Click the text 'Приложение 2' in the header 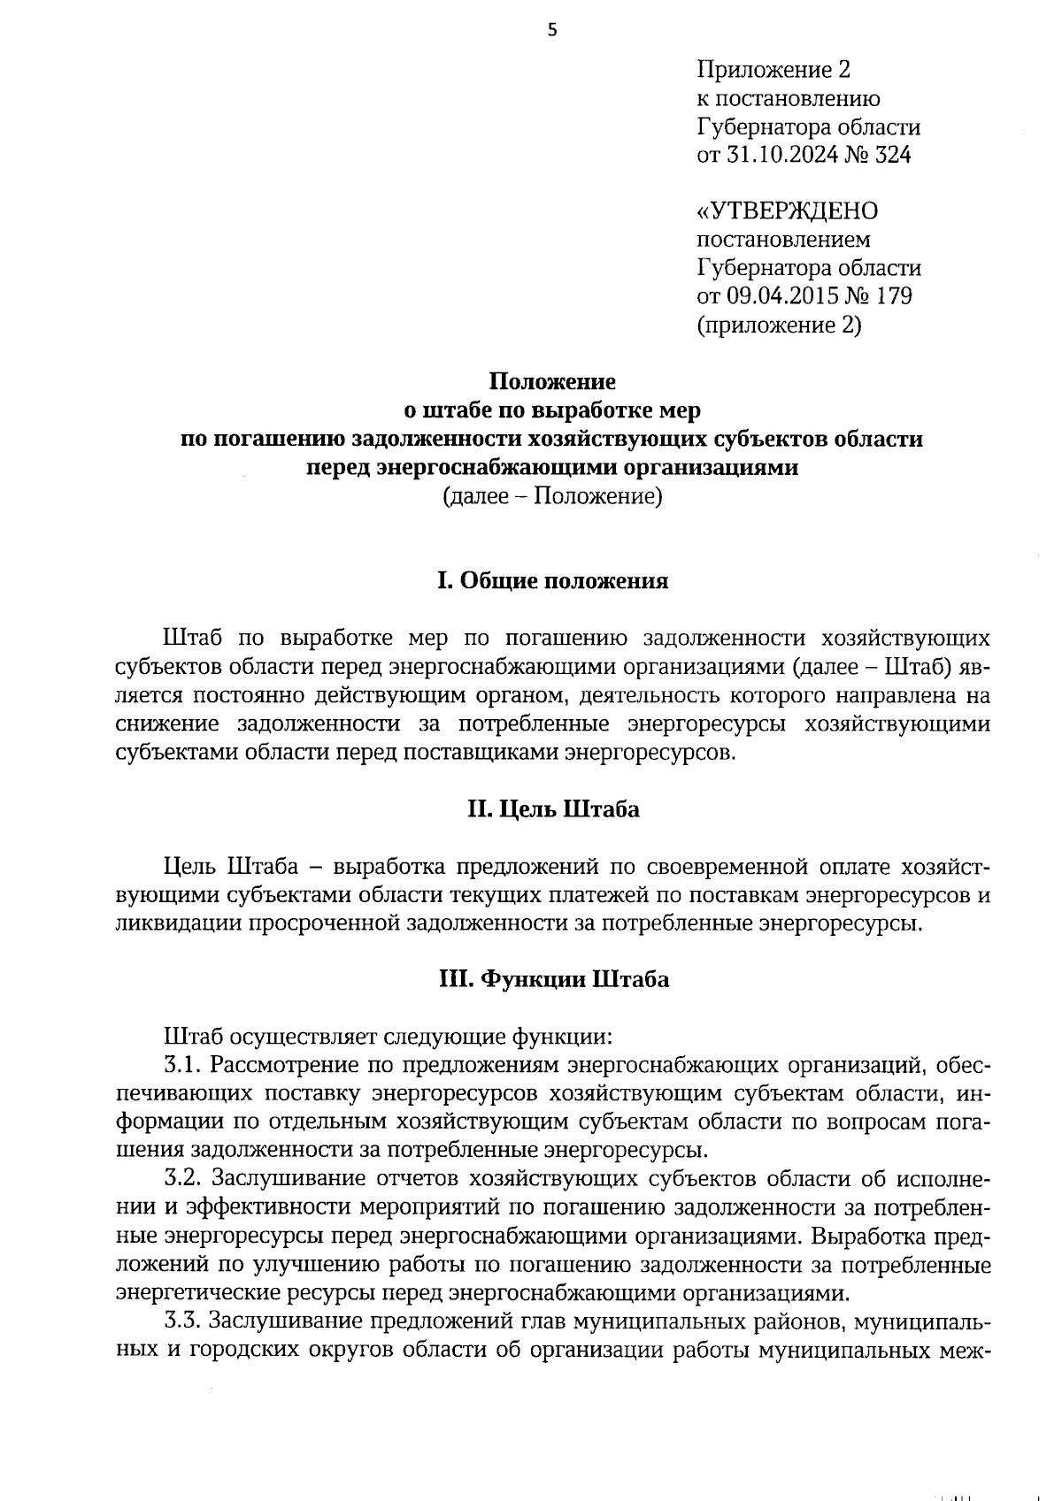click(773, 70)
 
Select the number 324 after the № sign click(892, 156)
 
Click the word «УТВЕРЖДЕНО click(788, 211)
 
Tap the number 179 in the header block click(893, 296)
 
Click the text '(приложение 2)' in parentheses click(779, 325)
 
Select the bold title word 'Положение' click(552, 382)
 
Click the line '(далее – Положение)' click(552, 496)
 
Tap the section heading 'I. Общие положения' click(552, 581)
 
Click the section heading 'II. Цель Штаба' click(552, 809)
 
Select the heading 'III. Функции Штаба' click(552, 980)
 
